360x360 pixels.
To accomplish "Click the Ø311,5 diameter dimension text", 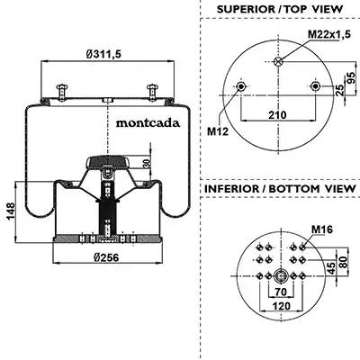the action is click(x=103, y=54).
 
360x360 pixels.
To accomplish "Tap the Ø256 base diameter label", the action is click(x=106, y=257).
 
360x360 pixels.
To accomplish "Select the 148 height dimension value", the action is click(x=11, y=211).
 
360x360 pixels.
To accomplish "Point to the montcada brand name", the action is click(x=148, y=123).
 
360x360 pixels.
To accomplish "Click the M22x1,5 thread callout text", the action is click(x=329, y=34).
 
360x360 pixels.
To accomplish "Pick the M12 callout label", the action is click(x=218, y=131).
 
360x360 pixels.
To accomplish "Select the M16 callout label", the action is click(x=322, y=229).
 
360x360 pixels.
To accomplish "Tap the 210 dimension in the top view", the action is click(x=277, y=115).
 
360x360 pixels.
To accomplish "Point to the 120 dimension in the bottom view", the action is click(x=282, y=306).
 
